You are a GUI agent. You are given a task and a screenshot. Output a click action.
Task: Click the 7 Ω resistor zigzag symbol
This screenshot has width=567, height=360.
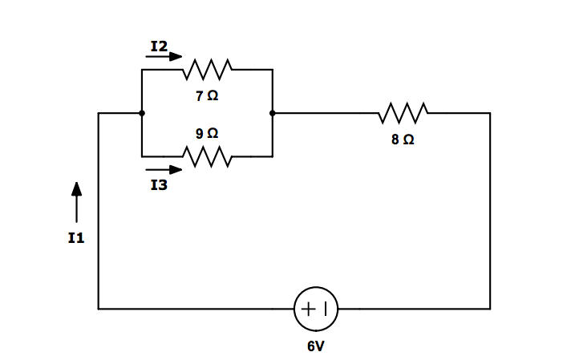(207, 70)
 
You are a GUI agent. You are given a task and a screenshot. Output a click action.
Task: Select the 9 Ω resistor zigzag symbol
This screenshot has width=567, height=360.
(207, 156)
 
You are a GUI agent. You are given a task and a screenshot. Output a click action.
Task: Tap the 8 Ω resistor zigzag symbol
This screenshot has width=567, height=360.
(403, 113)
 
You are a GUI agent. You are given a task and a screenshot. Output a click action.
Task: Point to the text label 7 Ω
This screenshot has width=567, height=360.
(206, 95)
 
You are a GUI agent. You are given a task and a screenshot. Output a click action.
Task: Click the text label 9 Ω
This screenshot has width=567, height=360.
(206, 132)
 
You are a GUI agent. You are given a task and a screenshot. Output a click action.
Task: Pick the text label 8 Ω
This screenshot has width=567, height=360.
(403, 140)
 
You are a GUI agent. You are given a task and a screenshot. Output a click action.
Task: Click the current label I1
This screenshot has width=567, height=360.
(76, 238)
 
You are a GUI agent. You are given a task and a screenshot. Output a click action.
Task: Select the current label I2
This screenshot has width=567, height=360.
(159, 47)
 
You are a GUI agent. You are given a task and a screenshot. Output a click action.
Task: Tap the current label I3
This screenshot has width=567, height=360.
(159, 186)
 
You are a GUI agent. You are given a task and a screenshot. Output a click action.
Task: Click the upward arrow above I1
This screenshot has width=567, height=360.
(76, 201)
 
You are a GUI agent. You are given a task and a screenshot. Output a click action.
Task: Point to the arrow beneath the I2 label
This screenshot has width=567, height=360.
(164, 58)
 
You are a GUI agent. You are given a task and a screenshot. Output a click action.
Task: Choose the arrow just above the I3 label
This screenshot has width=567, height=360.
(164, 170)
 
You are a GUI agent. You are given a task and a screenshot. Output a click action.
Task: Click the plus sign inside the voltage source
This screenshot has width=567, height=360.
(308, 309)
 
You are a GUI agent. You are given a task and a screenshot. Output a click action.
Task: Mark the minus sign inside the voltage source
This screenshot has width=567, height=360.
(326, 309)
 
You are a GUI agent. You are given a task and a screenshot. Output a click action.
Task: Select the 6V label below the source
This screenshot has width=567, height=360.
(316, 346)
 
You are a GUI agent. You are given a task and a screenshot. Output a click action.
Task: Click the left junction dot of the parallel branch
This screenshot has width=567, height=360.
(142, 113)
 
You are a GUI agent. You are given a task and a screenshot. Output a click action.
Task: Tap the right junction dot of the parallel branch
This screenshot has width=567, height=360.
(273, 113)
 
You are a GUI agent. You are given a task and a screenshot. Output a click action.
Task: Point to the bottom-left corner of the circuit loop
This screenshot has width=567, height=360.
(99, 309)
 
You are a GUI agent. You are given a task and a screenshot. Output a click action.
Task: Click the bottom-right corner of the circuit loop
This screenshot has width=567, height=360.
(490, 309)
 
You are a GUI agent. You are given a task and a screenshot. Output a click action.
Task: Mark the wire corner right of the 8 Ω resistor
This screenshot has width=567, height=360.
(490, 113)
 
